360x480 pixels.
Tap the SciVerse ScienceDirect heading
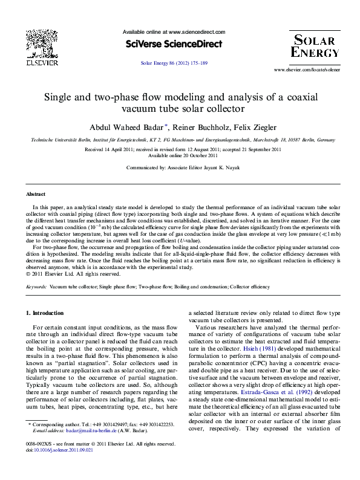(174, 44)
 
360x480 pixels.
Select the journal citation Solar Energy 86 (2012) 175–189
(174, 63)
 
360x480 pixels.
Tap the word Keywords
(36, 287)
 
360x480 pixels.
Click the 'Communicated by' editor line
(180, 168)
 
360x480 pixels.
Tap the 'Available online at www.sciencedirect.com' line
(174, 31)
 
